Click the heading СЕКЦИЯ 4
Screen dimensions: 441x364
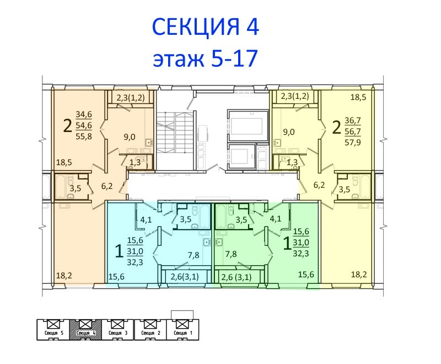pyautogui.click(x=205, y=27)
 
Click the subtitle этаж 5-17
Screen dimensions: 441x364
pyautogui.click(x=205, y=58)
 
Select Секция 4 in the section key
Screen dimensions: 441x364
pyautogui.click(x=85, y=333)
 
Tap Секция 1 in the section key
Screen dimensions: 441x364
pyautogui.click(x=183, y=333)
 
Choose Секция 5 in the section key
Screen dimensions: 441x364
pyautogui.click(x=53, y=333)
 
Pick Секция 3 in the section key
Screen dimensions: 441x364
pyautogui.click(x=118, y=333)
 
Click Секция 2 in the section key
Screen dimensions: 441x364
pyautogui.click(x=150, y=333)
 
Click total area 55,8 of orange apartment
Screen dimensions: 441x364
pyautogui.click(x=84, y=136)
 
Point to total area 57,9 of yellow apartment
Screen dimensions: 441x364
pyautogui.click(x=353, y=143)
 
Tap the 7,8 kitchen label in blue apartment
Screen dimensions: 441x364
pyautogui.click(x=193, y=255)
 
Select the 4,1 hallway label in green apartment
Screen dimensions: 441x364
pyautogui.click(x=275, y=219)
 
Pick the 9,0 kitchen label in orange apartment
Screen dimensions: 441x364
pyautogui.click(x=130, y=137)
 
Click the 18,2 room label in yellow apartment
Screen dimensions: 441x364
pyautogui.click(x=359, y=274)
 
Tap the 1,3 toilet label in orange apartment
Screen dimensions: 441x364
pyautogui.click(x=135, y=162)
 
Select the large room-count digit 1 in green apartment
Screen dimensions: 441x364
pyautogui.click(x=287, y=244)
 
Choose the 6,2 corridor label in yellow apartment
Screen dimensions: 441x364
pyautogui.click(x=319, y=185)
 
